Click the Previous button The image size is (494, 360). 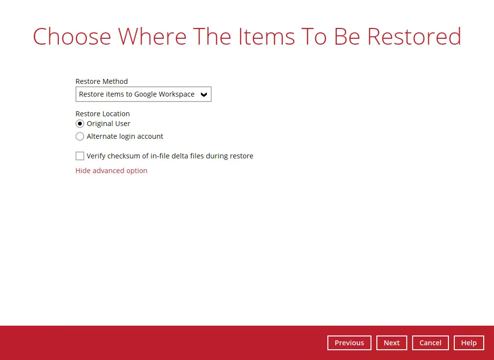[x=349, y=343]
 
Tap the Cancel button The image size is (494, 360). [x=430, y=343]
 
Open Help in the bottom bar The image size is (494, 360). [x=469, y=343]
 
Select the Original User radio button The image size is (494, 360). [x=80, y=124]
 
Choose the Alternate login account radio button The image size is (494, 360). [x=80, y=136]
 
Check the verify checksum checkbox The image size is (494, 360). [x=80, y=156]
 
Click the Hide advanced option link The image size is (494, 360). [x=111, y=171]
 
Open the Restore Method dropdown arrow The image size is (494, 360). [x=204, y=94]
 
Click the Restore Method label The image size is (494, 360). [x=101, y=81]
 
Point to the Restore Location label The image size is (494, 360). [x=102, y=114]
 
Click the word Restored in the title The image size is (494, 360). [x=414, y=37]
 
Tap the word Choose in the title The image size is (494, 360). [x=72, y=37]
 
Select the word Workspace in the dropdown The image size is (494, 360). [x=176, y=94]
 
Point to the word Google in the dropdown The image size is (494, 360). [x=145, y=94]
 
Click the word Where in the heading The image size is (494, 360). [x=153, y=37]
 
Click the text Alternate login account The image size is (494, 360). [x=125, y=136]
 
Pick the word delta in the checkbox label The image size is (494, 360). [x=180, y=156]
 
